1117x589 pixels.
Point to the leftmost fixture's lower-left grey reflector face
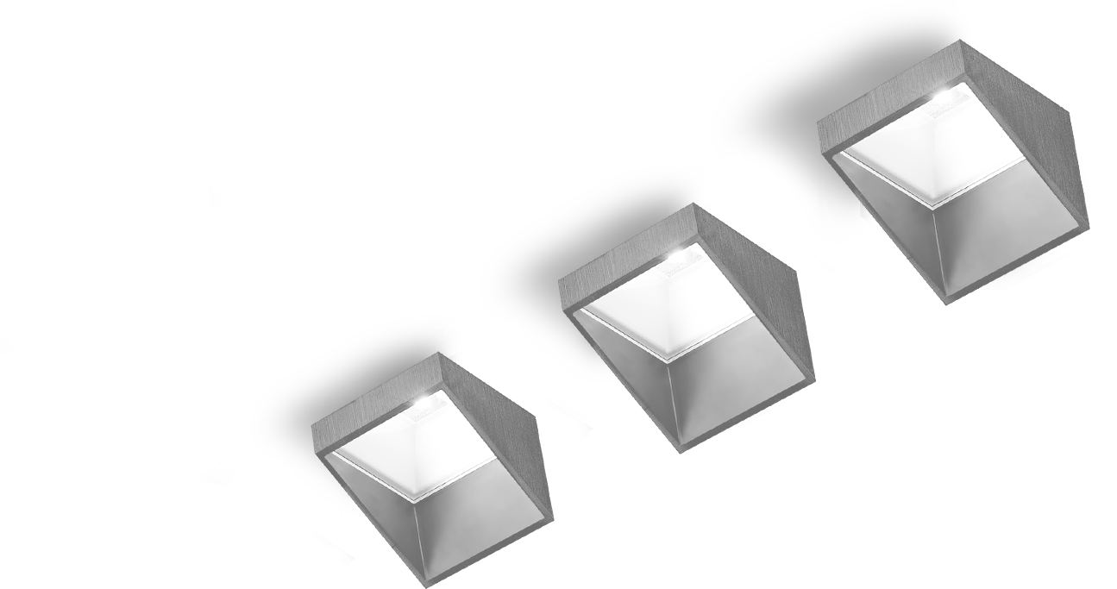coord(380,509)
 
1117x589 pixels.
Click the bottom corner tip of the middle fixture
coord(682,448)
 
